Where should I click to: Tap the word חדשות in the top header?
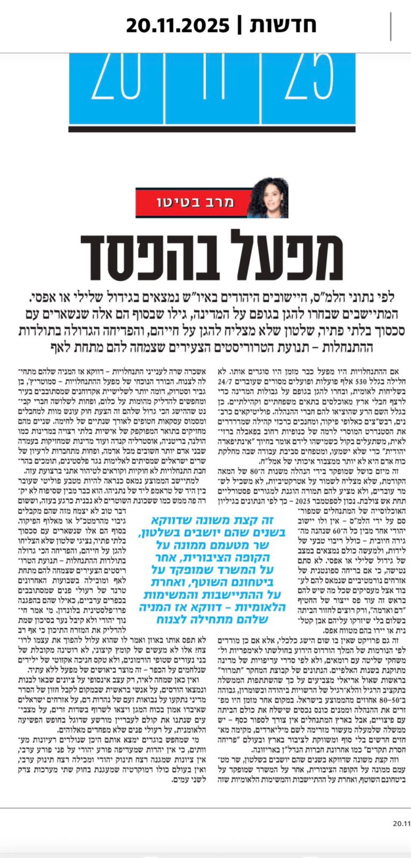284,25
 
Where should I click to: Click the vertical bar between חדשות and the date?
239,25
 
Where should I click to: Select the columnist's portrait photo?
267,198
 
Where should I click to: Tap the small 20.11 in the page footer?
401,838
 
